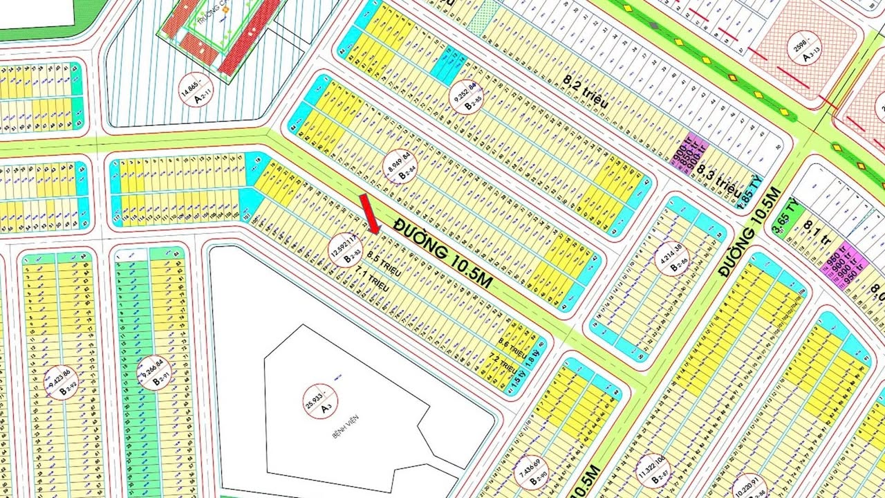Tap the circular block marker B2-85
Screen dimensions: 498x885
point(464,97)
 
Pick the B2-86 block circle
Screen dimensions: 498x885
point(672,257)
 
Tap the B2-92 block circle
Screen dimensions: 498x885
point(62,382)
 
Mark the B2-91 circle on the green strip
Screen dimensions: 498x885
point(153,372)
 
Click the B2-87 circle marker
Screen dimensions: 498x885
point(653,471)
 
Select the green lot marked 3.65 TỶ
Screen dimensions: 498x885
point(785,209)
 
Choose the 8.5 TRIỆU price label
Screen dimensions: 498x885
point(384,263)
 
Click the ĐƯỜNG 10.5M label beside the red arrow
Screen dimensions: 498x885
point(444,252)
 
